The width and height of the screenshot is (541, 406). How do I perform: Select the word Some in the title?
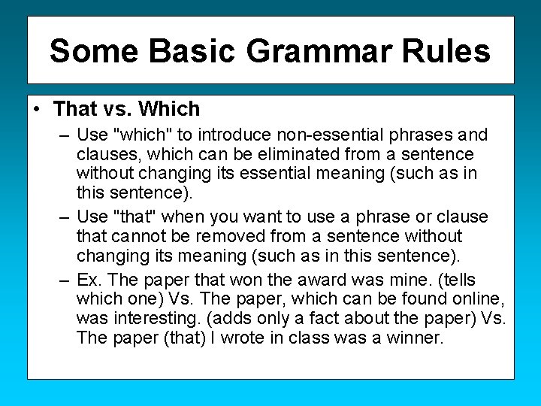(94, 52)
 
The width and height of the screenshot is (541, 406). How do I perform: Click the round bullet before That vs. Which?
(38, 110)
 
